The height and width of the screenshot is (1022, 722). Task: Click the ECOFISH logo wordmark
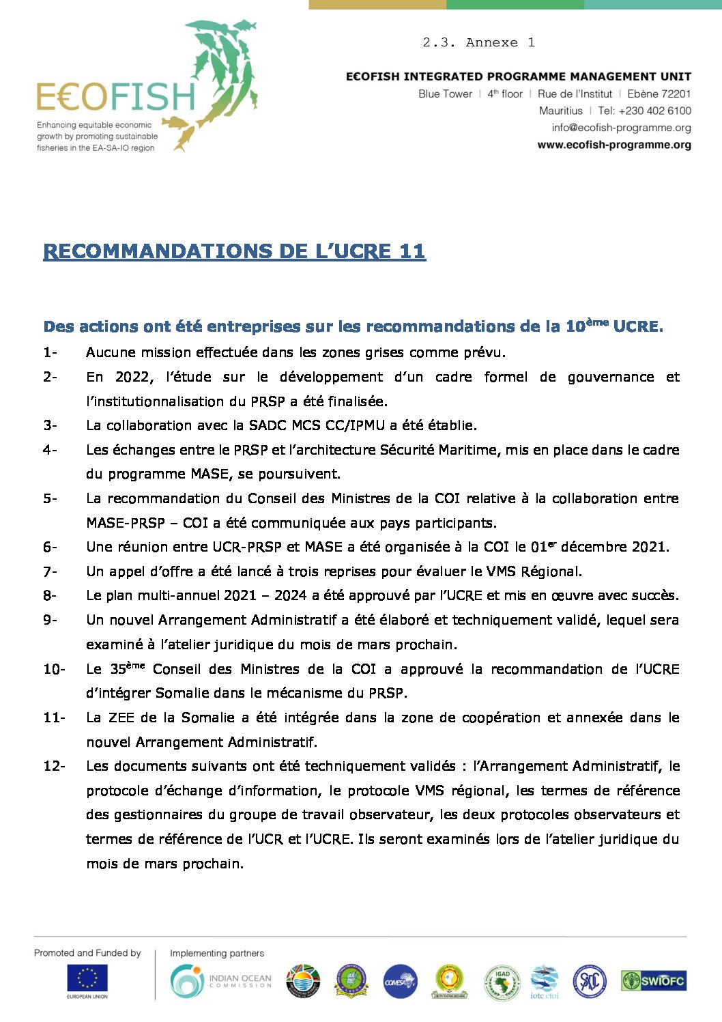click(116, 96)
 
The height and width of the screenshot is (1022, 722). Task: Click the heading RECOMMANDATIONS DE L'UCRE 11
click(234, 251)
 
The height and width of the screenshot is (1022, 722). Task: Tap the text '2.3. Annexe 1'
click(478, 43)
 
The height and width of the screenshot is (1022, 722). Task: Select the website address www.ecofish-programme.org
click(614, 145)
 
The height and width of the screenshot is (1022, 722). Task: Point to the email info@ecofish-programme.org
click(621, 128)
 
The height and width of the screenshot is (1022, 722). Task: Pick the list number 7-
click(50, 571)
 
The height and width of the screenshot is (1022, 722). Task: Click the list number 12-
click(54, 766)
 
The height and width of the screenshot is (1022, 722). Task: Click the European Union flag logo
click(87, 978)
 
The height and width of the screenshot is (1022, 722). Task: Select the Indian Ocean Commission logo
click(220, 981)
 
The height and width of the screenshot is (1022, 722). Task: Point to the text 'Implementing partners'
click(216, 953)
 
